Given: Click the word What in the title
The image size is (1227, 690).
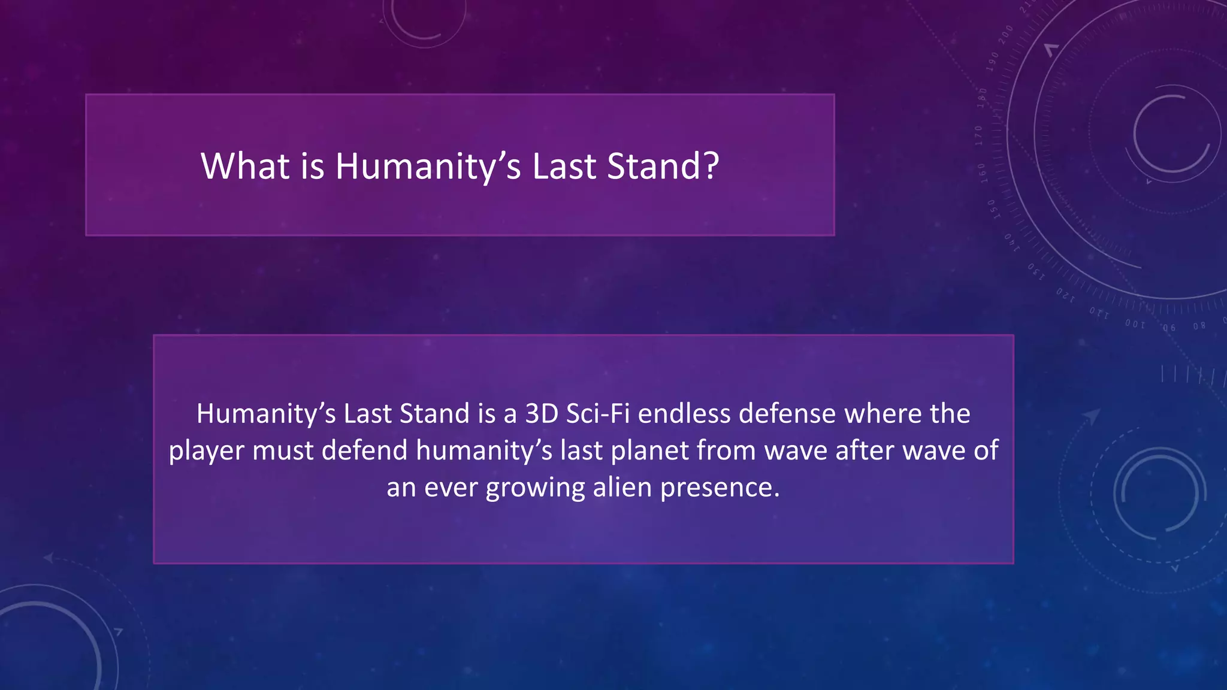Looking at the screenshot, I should pos(246,166).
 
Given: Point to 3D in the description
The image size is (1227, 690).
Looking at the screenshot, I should pos(542,414).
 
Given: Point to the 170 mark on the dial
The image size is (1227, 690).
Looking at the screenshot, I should pos(978,136).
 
